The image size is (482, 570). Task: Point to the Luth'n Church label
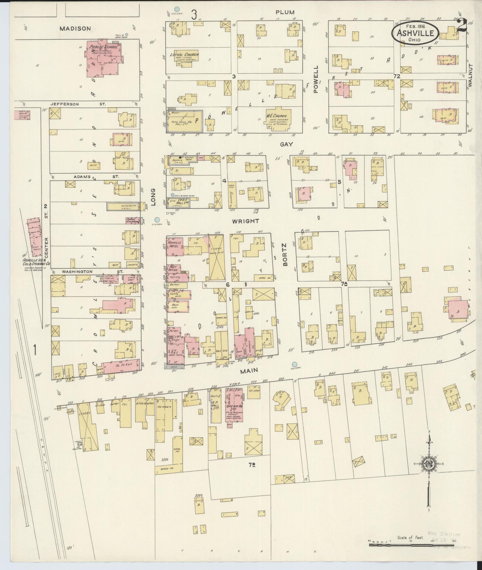[184, 55]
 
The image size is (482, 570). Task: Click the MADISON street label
[75, 29]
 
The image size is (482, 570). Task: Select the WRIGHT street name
[250, 221]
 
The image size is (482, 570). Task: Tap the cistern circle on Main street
[294, 364]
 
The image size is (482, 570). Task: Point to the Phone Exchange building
[132, 221]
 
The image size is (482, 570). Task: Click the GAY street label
[286, 144]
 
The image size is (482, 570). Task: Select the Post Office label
[173, 268]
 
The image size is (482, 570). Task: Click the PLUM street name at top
[285, 12]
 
